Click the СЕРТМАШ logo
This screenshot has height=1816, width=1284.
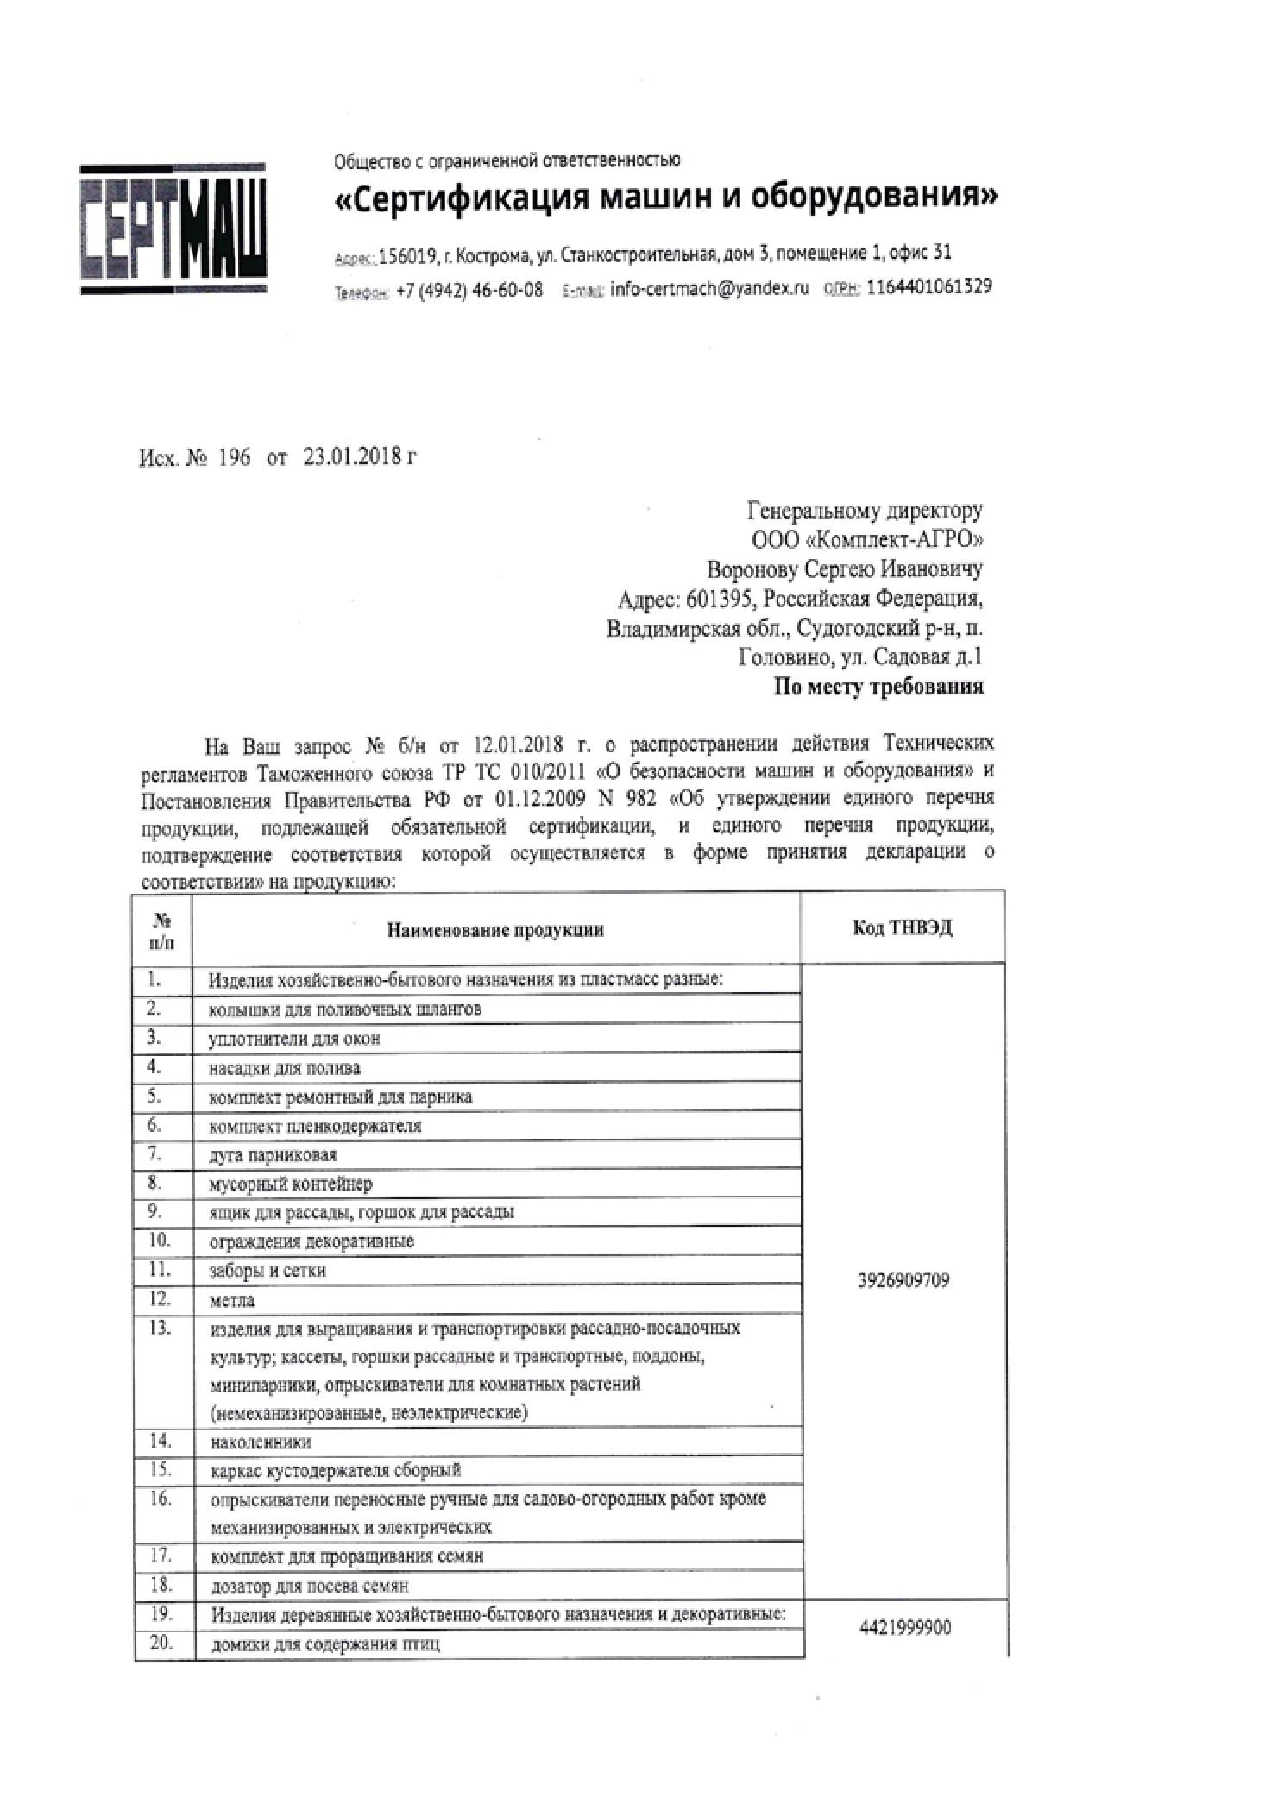[x=173, y=229]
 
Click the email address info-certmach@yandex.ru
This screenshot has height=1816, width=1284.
[x=709, y=289]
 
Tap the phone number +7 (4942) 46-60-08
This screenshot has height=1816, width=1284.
[x=469, y=290]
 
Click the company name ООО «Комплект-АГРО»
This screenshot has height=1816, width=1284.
[x=867, y=540]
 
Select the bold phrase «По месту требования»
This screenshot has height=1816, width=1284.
[x=878, y=687]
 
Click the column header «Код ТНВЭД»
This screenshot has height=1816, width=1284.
[x=903, y=928]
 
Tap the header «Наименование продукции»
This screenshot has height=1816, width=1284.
[x=495, y=929]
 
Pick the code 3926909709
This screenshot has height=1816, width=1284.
[x=903, y=1280]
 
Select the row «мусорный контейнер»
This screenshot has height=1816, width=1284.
[x=291, y=1184]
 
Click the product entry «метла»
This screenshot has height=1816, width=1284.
[x=232, y=1300]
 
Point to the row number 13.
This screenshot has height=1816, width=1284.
[x=160, y=1328]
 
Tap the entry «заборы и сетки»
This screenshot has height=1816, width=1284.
[x=267, y=1271]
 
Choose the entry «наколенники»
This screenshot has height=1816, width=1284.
[x=261, y=1442]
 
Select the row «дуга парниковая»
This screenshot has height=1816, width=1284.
[x=273, y=1154]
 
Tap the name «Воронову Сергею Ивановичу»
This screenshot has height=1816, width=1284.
[x=844, y=569]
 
